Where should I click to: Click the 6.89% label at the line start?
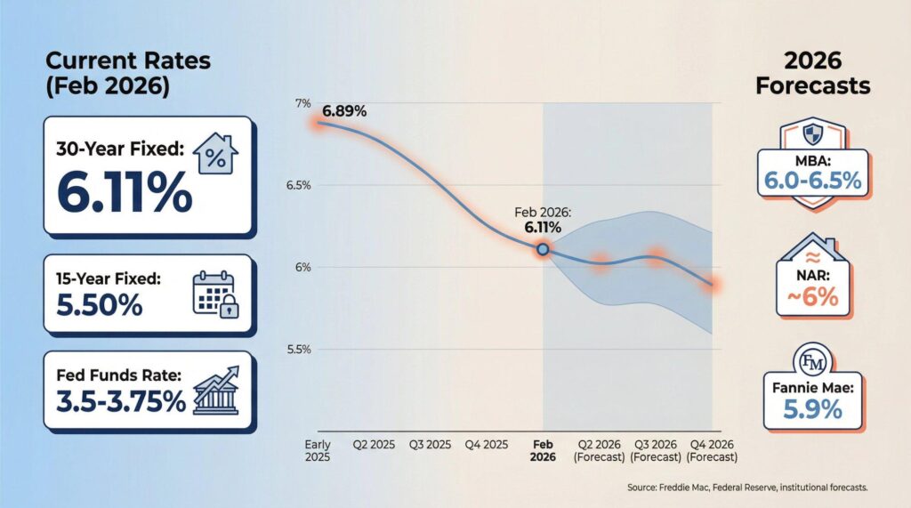tap(344, 111)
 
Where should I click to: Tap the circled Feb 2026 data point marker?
tap(543, 249)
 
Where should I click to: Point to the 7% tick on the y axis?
tap(302, 103)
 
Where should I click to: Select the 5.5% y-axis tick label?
tap(299, 350)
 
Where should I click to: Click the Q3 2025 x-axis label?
tap(430, 445)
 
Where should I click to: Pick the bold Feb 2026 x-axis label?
tap(543, 451)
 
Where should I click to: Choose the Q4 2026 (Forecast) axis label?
tap(712, 451)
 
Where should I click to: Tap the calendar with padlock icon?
tap(215, 294)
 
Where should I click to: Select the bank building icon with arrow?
tap(216, 390)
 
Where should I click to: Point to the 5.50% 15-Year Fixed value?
tap(100, 304)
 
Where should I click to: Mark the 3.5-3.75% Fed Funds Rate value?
tap(121, 401)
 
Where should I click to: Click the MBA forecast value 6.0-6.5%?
tap(812, 181)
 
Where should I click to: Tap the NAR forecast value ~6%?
tap(813, 297)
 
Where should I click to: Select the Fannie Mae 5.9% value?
tap(813, 410)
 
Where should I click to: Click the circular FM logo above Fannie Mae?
tap(812, 361)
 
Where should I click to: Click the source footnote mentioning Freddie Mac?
tap(747, 487)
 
